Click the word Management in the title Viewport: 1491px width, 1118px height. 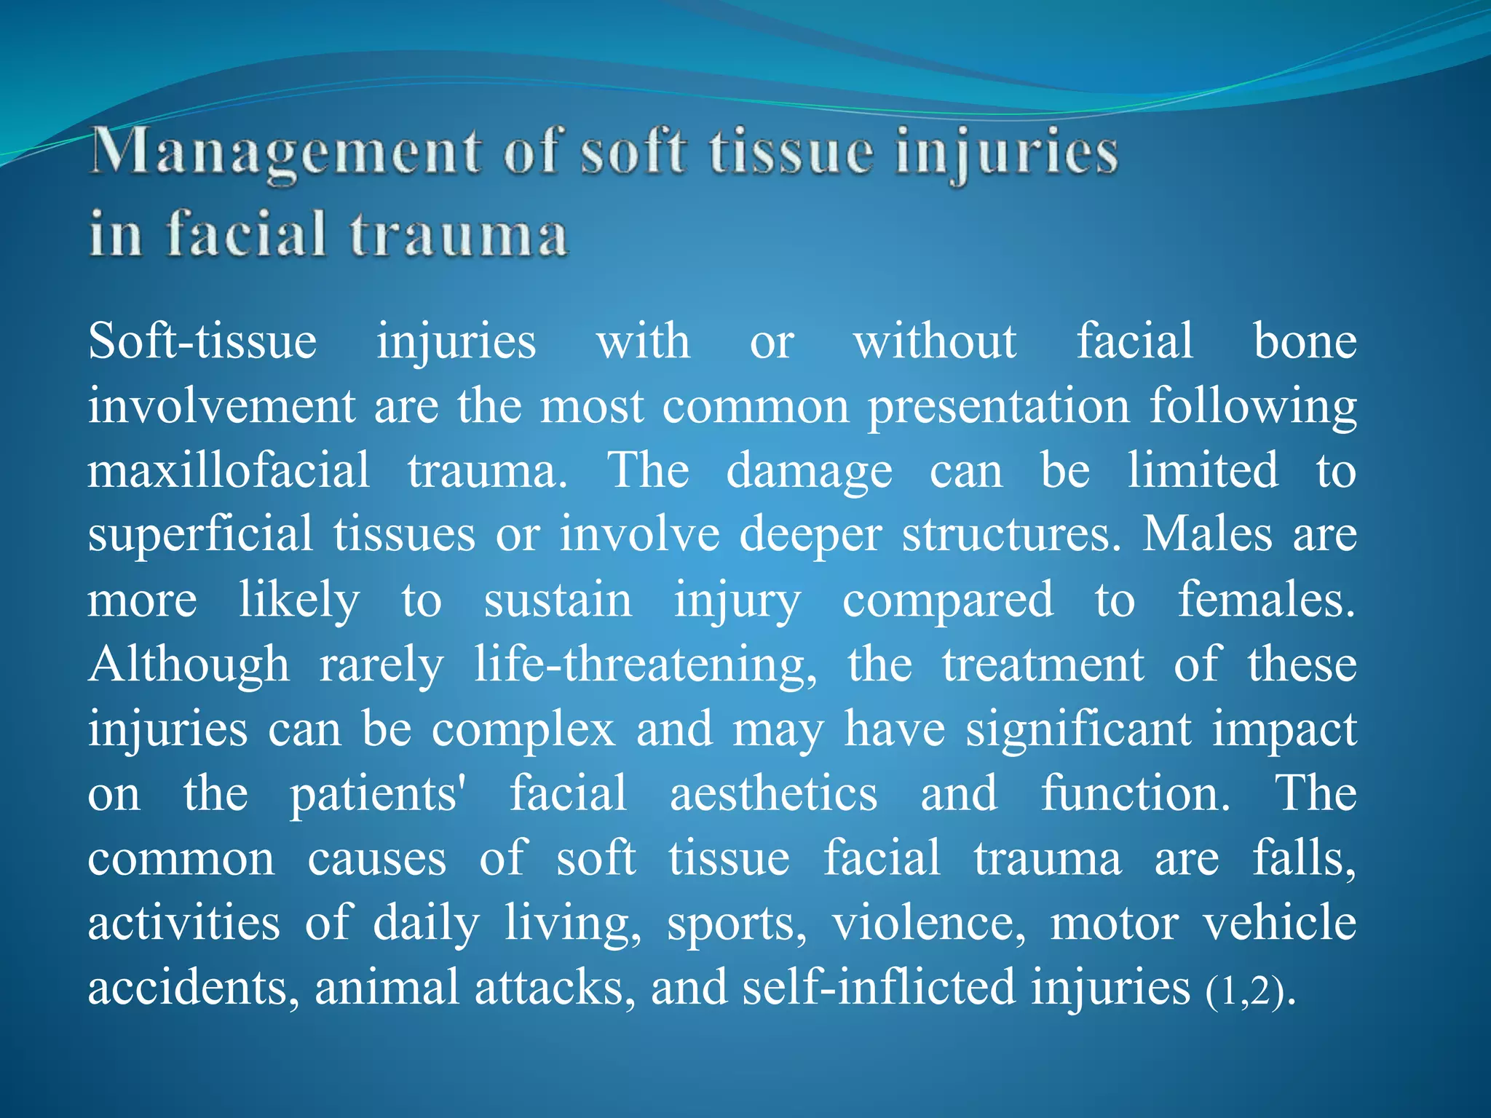[284, 154]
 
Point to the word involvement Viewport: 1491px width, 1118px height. [221, 405]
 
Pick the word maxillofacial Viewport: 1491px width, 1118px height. [229, 470]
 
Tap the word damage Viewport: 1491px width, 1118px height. [809, 472]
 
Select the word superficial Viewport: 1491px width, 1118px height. [200, 536]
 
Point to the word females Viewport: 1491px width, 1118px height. [1267, 600]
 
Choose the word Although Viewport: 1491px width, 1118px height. [189, 665]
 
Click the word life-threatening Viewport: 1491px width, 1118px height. [645, 665]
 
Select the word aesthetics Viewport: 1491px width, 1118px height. [773, 794]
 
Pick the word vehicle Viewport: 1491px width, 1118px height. [1279, 923]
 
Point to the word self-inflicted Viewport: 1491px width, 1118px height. [879, 988]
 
